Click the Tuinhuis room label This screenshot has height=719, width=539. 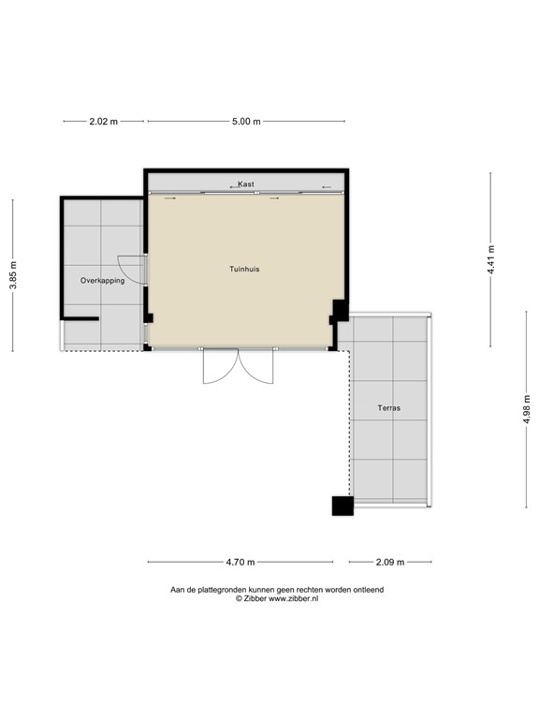click(244, 269)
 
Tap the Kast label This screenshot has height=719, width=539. click(246, 184)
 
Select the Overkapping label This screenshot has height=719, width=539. click(102, 280)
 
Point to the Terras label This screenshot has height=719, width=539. click(390, 408)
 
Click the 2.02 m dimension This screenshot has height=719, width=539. click(104, 122)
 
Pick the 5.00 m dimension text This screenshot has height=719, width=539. click(246, 122)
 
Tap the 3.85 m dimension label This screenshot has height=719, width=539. click(13, 275)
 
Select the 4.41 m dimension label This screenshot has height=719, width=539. click(490, 259)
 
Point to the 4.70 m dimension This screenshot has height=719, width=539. click(240, 562)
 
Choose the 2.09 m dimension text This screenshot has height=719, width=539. click(389, 562)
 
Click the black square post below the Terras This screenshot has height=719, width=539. click(342, 506)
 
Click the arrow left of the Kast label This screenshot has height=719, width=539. click(232, 186)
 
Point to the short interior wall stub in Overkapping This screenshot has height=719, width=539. click(81, 319)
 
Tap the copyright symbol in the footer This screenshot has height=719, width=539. click(239, 598)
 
